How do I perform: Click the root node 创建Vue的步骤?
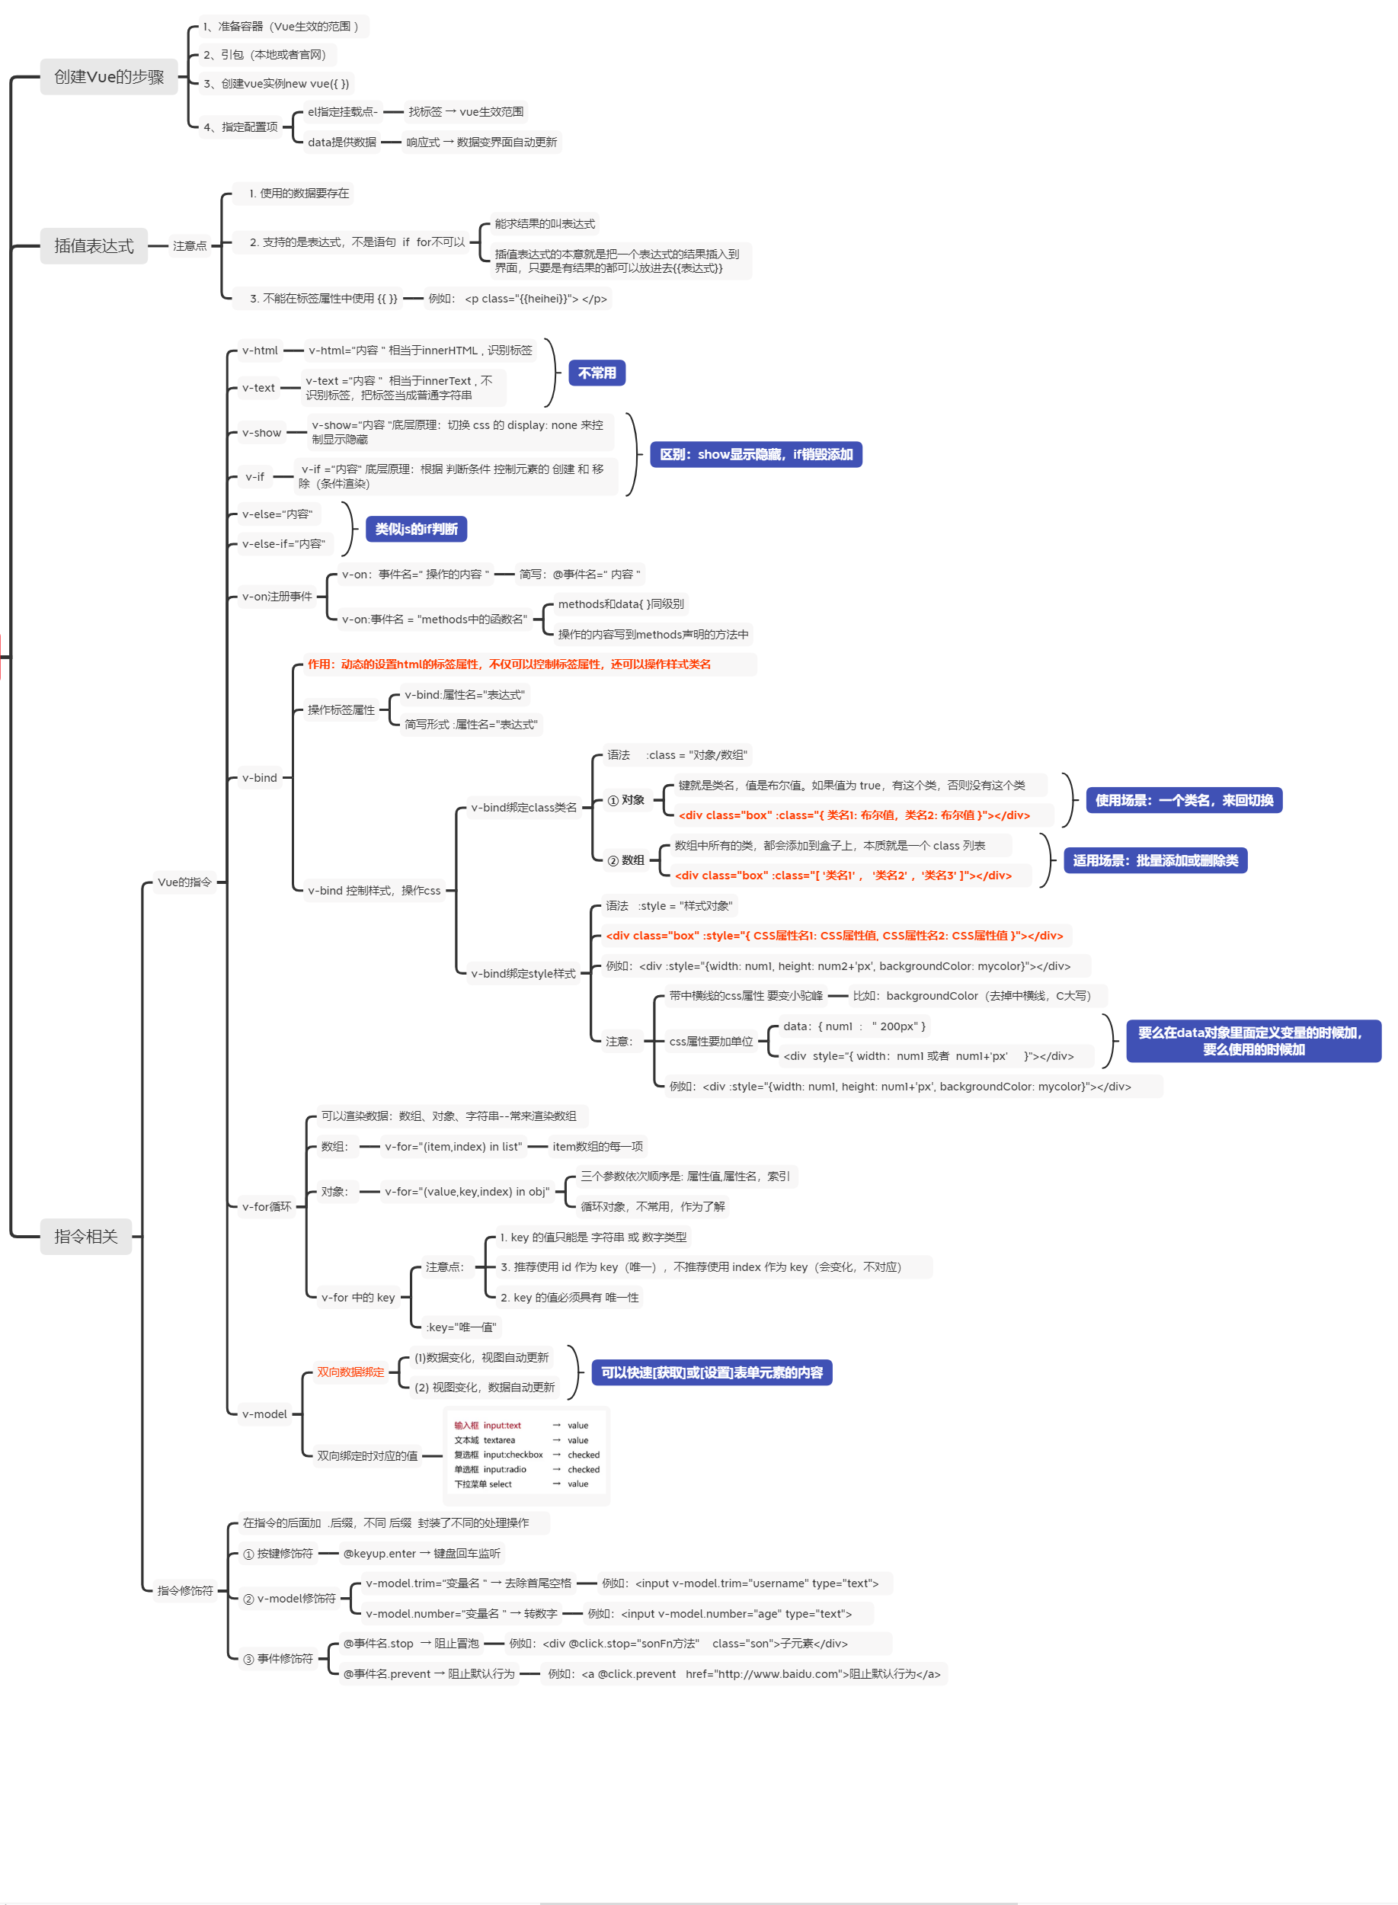click(108, 77)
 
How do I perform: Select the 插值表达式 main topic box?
click(93, 246)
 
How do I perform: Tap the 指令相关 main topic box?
click(85, 1237)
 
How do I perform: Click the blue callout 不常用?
click(597, 373)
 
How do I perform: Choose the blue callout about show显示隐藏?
click(756, 454)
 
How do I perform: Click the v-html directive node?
click(260, 351)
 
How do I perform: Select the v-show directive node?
click(261, 433)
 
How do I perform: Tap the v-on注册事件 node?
click(277, 597)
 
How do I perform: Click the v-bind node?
click(260, 778)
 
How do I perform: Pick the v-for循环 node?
click(267, 1207)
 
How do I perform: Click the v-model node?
click(265, 1414)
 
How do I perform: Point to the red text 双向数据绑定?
click(350, 1372)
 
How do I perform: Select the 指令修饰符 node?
click(185, 1591)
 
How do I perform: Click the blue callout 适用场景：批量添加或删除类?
click(1155, 860)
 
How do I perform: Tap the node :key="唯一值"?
click(460, 1327)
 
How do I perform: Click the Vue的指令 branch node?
click(184, 882)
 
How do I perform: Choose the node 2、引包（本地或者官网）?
click(265, 55)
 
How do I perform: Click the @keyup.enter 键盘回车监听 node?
click(421, 1554)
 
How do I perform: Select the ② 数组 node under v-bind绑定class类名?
click(626, 860)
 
